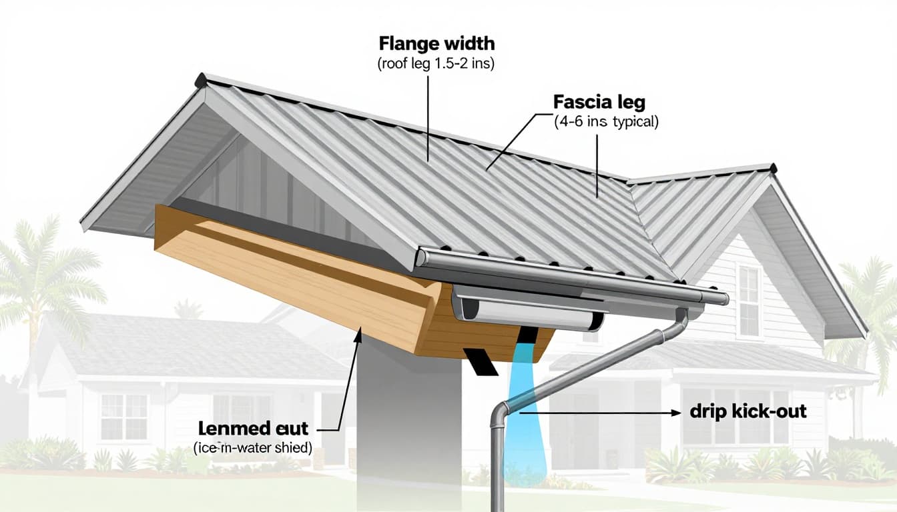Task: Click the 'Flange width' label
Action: pyautogui.click(x=436, y=45)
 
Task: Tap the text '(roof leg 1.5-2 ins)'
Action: pyautogui.click(x=436, y=65)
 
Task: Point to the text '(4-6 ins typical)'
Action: pyautogui.click(x=606, y=123)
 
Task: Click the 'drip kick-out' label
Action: pyautogui.click(x=748, y=411)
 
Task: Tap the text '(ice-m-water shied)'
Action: pyautogui.click(x=253, y=448)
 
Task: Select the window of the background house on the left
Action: pyautogui.click(x=123, y=417)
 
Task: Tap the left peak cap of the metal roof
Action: pyautogui.click(x=200, y=81)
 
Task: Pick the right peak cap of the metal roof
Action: pyautogui.click(x=772, y=167)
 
